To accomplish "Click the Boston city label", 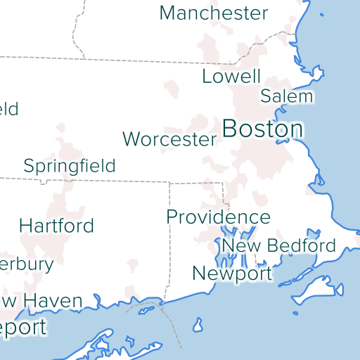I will pos(262,129).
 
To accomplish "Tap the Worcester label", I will pos(169,139).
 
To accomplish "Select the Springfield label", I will pos(70,166).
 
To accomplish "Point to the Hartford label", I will pos(56,226).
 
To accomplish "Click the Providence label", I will pos(218,217).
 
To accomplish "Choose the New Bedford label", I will pos(278,245).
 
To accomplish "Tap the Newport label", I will pos(232,273).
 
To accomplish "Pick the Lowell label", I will pos(231,77).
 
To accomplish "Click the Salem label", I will pos(286,96).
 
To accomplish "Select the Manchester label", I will pos(214,13).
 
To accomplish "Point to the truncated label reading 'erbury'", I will pos(27,264).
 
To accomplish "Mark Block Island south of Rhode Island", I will pos(198,325).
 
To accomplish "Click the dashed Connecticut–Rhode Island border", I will pos(169,239).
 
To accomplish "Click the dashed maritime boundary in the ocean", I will pos(172,323).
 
